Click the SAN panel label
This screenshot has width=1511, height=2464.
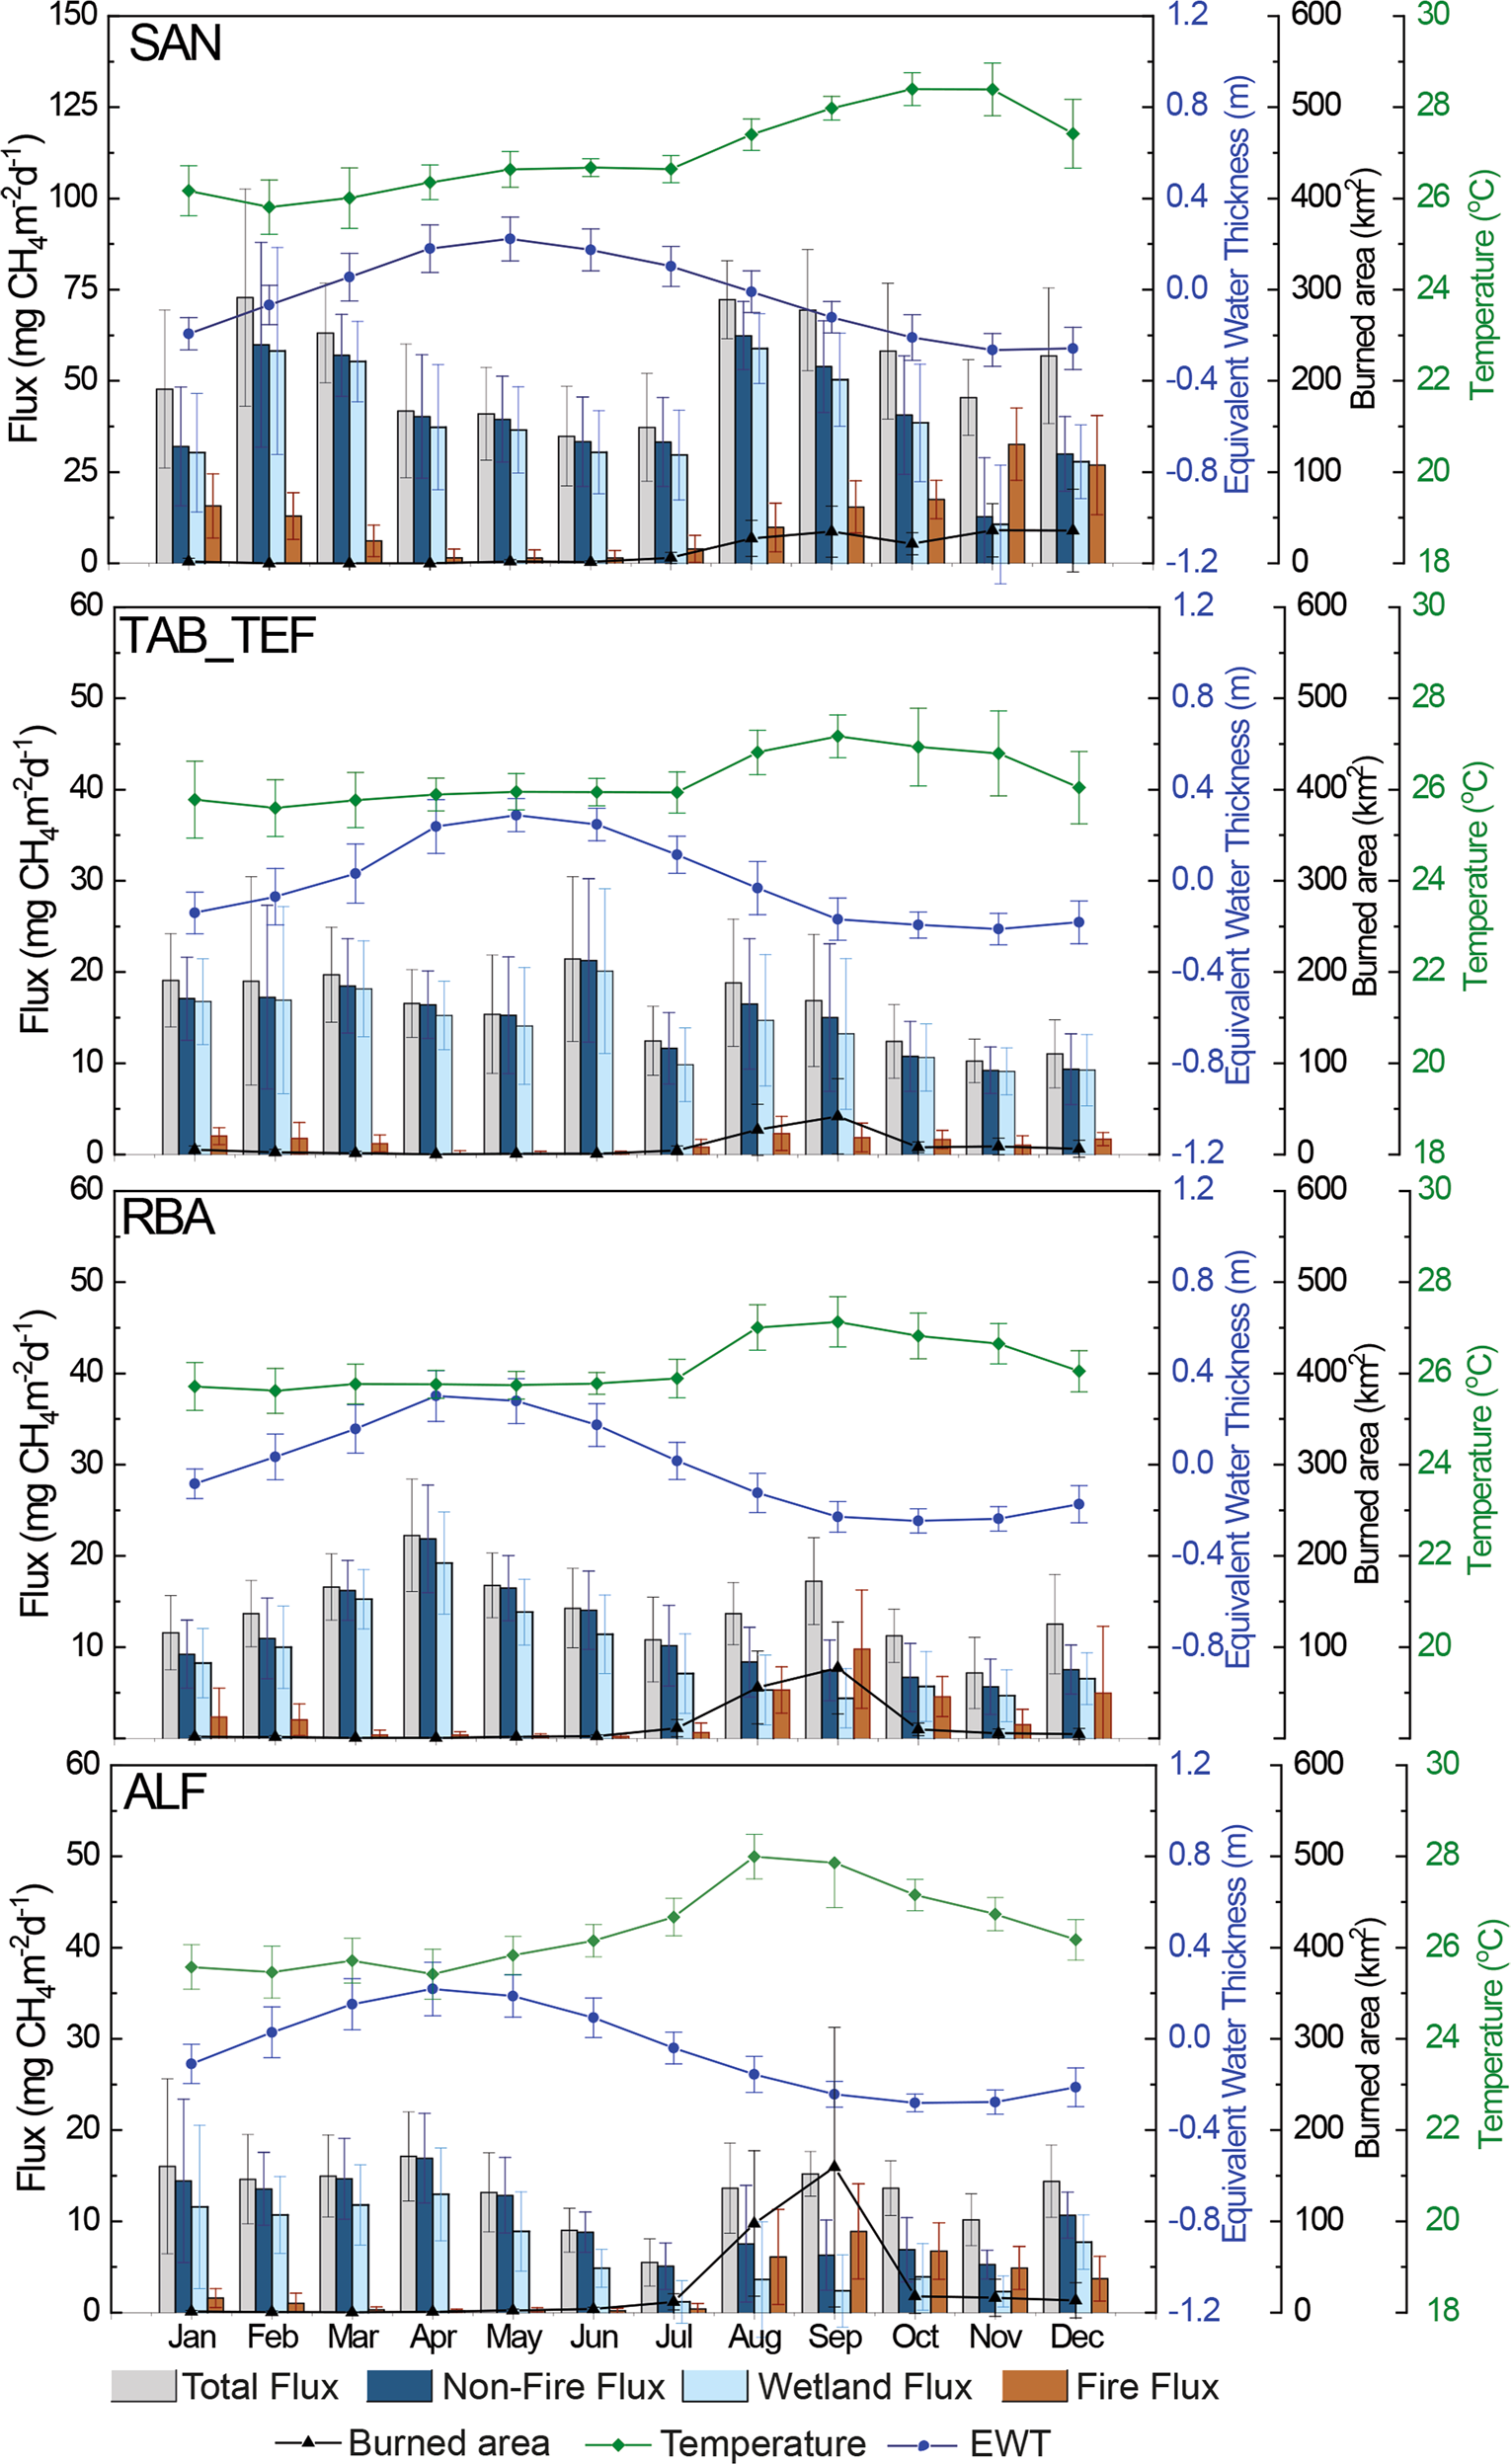tap(175, 44)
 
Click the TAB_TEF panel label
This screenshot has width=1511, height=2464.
tap(218, 636)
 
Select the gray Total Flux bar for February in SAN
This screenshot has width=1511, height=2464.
tap(244, 430)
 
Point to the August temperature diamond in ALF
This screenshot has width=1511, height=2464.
tap(754, 1857)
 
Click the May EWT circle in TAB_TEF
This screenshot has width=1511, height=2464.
tap(515, 815)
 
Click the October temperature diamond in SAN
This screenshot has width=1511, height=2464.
tap(911, 89)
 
